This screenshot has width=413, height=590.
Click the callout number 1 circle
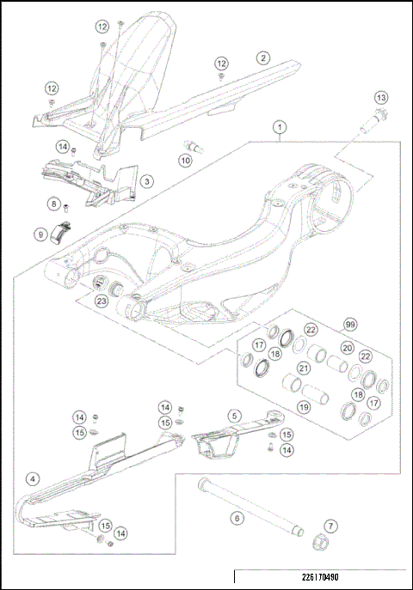(279, 127)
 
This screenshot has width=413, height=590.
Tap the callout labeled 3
(148, 181)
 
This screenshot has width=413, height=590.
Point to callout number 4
(32, 477)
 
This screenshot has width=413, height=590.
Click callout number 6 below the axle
(235, 518)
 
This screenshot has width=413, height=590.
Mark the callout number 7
(331, 525)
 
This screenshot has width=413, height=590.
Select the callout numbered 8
(53, 204)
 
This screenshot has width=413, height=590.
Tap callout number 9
(40, 234)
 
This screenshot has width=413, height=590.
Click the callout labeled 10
(185, 160)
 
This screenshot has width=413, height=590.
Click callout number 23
(101, 301)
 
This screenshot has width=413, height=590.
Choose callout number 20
(347, 348)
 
